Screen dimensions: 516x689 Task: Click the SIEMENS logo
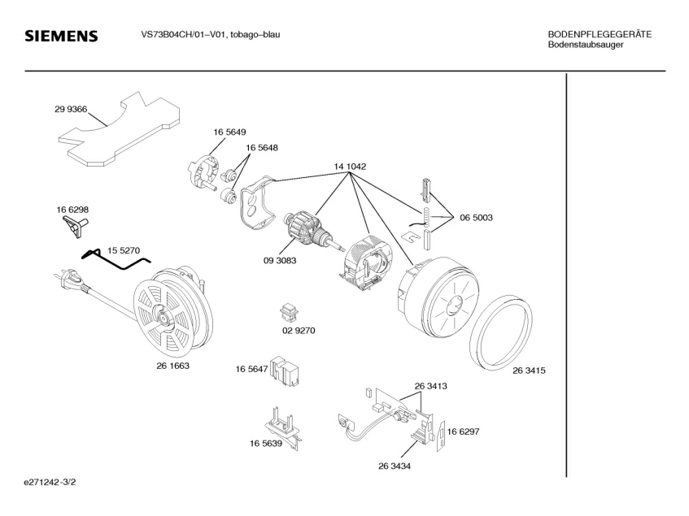[x=61, y=37]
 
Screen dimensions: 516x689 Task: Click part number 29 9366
[x=71, y=109]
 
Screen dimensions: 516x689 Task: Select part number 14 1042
[x=350, y=167]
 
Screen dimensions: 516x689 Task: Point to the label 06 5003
[x=476, y=218]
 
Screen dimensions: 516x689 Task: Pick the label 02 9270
[x=299, y=331]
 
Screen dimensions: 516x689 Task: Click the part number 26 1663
[x=172, y=366]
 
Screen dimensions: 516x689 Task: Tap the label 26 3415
[x=529, y=371]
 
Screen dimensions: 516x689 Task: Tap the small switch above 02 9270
[x=288, y=311]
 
